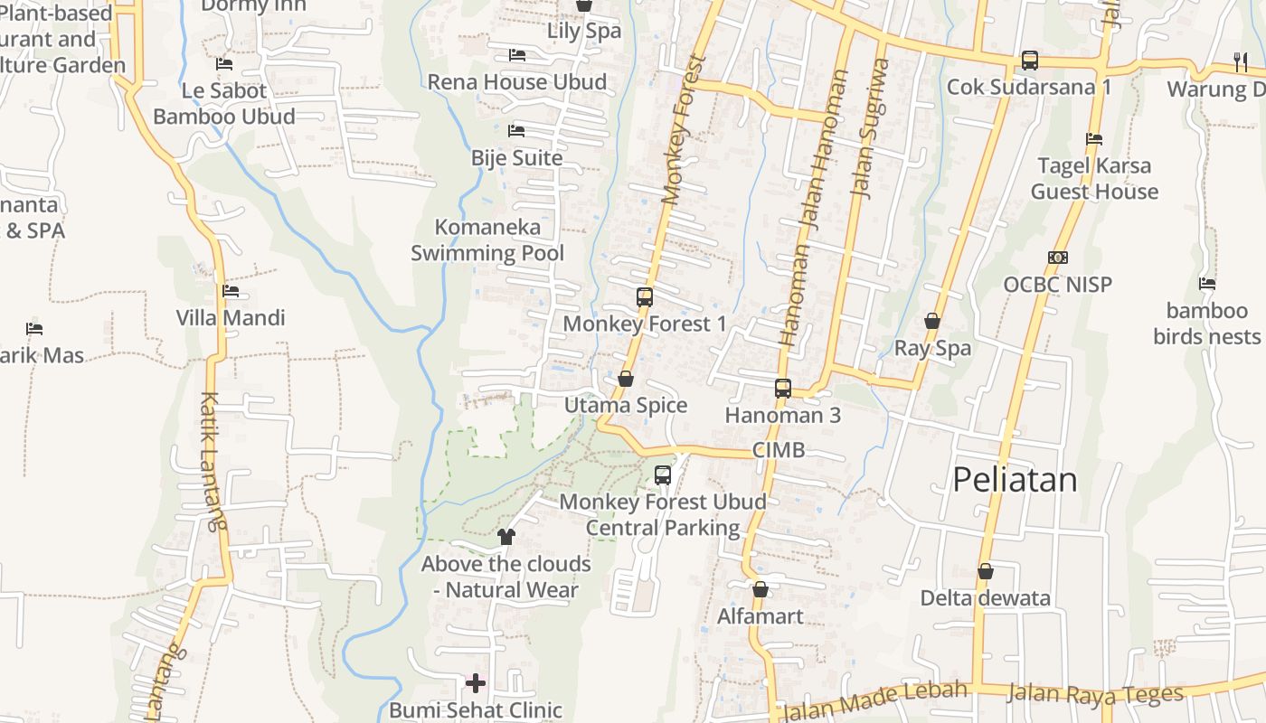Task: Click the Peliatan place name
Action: (x=1015, y=479)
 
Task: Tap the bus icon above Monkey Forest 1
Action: (x=644, y=296)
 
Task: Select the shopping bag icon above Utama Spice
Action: (x=625, y=379)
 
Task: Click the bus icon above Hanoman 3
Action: (x=782, y=389)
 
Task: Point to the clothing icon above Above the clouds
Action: (x=505, y=537)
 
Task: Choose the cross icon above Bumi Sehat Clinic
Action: (x=476, y=683)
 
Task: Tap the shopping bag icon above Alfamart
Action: (x=760, y=590)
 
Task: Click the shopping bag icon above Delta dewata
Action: (x=985, y=572)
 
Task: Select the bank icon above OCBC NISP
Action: (x=1057, y=258)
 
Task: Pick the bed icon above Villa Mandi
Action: (x=230, y=291)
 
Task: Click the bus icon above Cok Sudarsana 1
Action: (x=1029, y=61)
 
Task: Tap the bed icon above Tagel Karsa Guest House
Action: (x=1093, y=139)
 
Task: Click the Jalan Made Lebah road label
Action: (x=873, y=701)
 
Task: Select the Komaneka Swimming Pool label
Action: (x=487, y=240)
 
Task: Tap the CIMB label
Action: (x=778, y=450)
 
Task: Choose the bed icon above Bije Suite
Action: (x=516, y=131)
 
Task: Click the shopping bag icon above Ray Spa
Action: (x=931, y=322)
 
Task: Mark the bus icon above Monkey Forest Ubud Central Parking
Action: (x=662, y=475)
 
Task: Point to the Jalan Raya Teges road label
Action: (x=1095, y=694)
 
